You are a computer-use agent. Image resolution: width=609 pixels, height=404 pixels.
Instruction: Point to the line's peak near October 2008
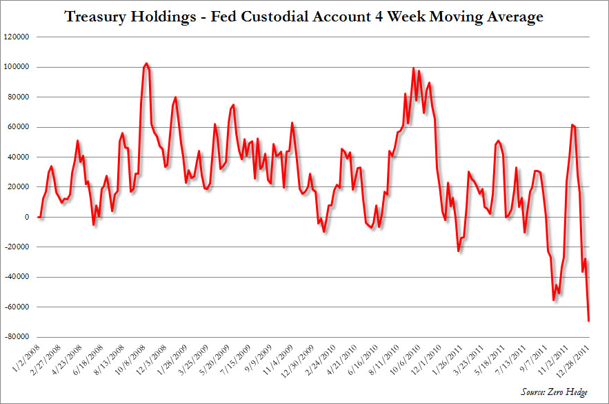pos(146,64)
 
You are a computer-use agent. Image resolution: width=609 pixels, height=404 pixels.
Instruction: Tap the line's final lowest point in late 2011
pos(589,320)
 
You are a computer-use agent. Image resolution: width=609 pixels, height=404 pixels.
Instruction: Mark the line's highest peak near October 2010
pos(413,68)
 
